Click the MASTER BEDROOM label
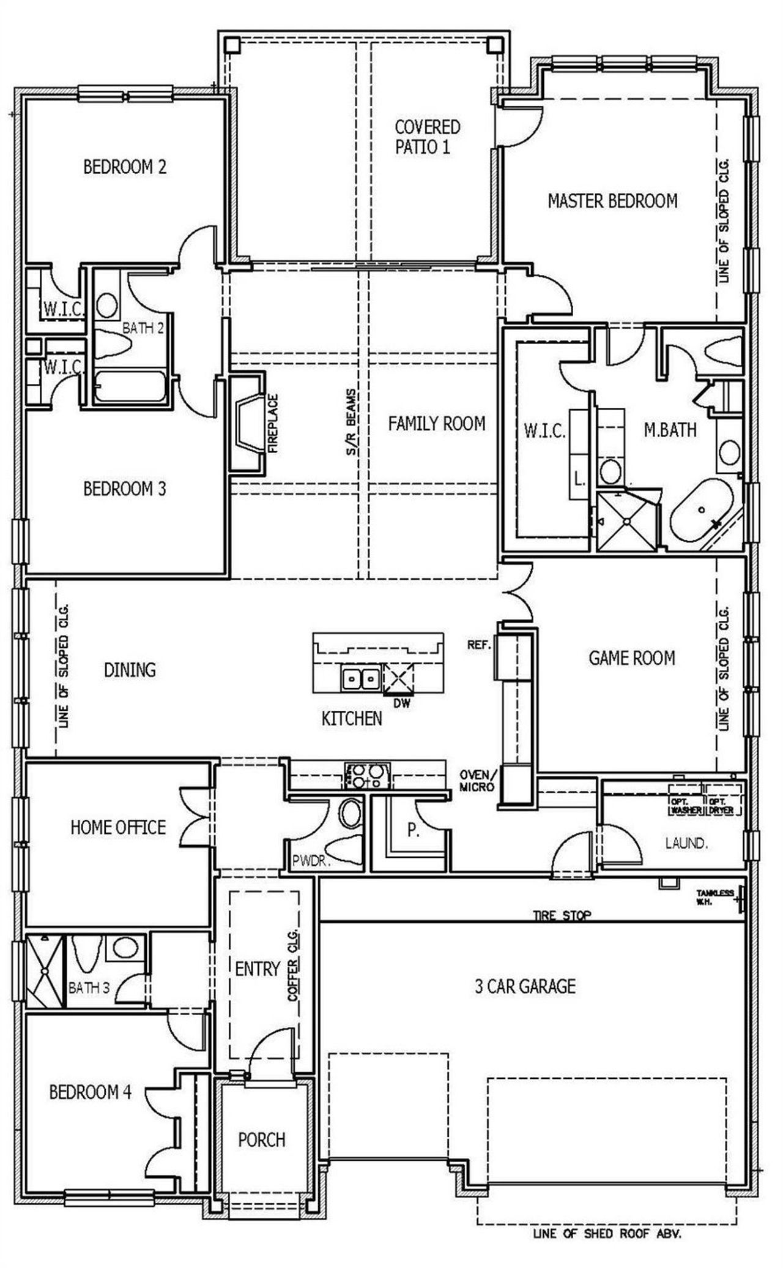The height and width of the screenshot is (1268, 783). click(x=612, y=201)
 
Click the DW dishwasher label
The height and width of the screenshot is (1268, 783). click(x=402, y=704)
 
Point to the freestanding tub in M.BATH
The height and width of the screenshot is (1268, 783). click(x=703, y=509)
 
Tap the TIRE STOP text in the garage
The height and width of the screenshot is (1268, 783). click(x=562, y=915)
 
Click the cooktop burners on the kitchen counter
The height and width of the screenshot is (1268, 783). click(x=367, y=776)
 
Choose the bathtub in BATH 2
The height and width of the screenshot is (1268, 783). click(x=130, y=386)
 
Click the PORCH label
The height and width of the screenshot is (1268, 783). click(x=262, y=1139)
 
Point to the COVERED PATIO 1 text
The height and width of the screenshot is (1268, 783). click(x=427, y=137)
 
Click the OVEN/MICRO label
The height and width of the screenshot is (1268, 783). click(x=477, y=781)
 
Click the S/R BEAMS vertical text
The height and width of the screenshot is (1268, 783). click(x=352, y=422)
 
